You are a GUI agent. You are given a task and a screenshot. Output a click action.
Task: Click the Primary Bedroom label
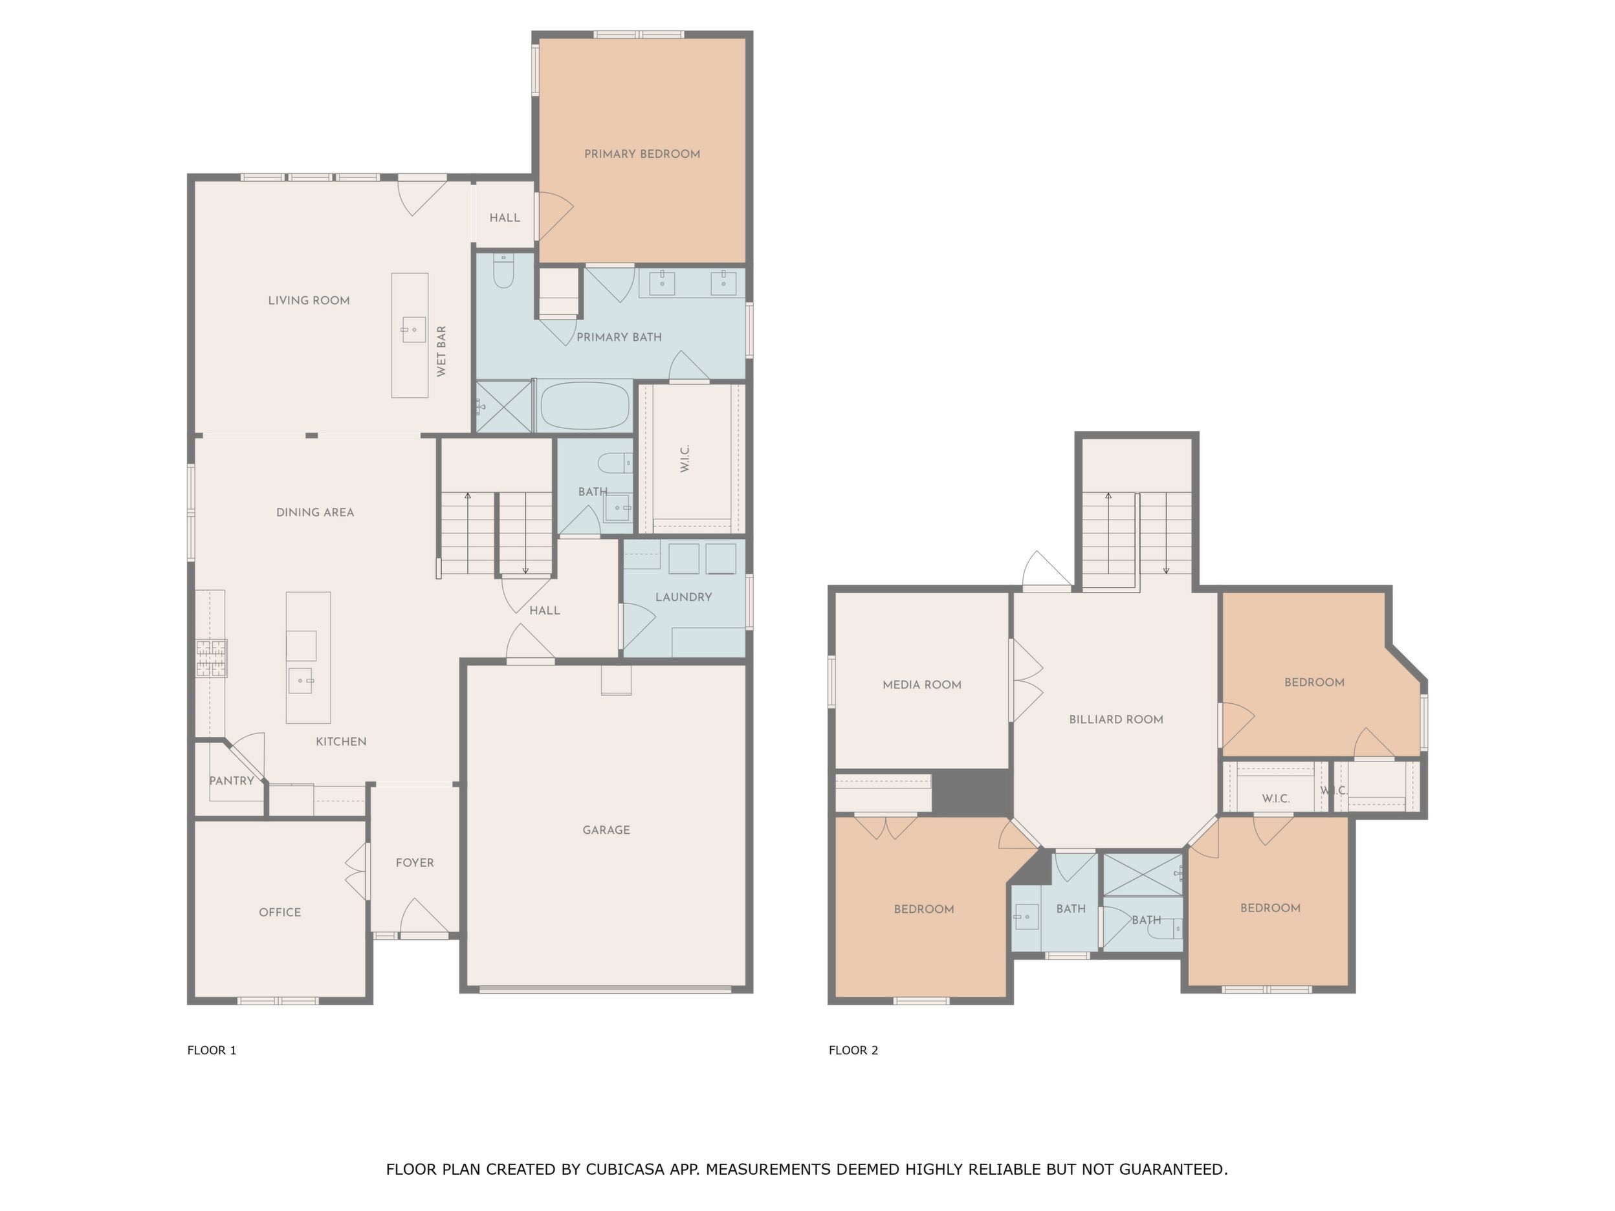pyautogui.click(x=642, y=154)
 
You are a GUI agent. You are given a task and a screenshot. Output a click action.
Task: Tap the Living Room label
pyautogui.click(x=309, y=300)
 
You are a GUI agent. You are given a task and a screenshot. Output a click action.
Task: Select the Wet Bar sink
pyautogui.click(x=414, y=330)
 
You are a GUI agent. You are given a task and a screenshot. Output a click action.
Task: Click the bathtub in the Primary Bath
pyautogui.click(x=585, y=406)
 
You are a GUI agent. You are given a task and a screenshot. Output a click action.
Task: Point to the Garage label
pyautogui.click(x=606, y=830)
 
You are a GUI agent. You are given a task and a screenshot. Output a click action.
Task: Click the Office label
pyautogui.click(x=280, y=912)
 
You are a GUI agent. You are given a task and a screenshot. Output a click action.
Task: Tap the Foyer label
pyautogui.click(x=415, y=863)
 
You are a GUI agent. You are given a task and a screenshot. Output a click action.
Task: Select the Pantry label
pyautogui.click(x=232, y=781)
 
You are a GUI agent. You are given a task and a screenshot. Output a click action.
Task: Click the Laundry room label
pyautogui.click(x=683, y=597)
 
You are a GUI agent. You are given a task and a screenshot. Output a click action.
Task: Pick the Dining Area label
pyautogui.click(x=314, y=512)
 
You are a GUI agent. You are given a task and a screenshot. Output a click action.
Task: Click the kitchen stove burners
pyautogui.click(x=211, y=659)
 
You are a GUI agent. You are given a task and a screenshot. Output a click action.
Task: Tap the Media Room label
pyautogui.click(x=922, y=684)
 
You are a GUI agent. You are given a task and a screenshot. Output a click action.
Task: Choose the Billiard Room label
pyautogui.click(x=1116, y=720)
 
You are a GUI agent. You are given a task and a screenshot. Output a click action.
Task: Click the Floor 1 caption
pyautogui.click(x=212, y=1051)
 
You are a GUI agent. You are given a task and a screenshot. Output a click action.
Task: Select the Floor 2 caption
pyautogui.click(x=853, y=1051)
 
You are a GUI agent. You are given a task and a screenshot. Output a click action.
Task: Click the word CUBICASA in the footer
pyautogui.click(x=625, y=1170)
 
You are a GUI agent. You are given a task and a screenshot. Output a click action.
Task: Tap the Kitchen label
pyautogui.click(x=341, y=741)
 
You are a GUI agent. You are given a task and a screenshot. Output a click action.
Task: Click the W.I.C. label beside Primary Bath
pyautogui.click(x=685, y=459)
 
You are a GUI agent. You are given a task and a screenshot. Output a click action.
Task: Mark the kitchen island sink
pyautogui.click(x=302, y=681)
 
